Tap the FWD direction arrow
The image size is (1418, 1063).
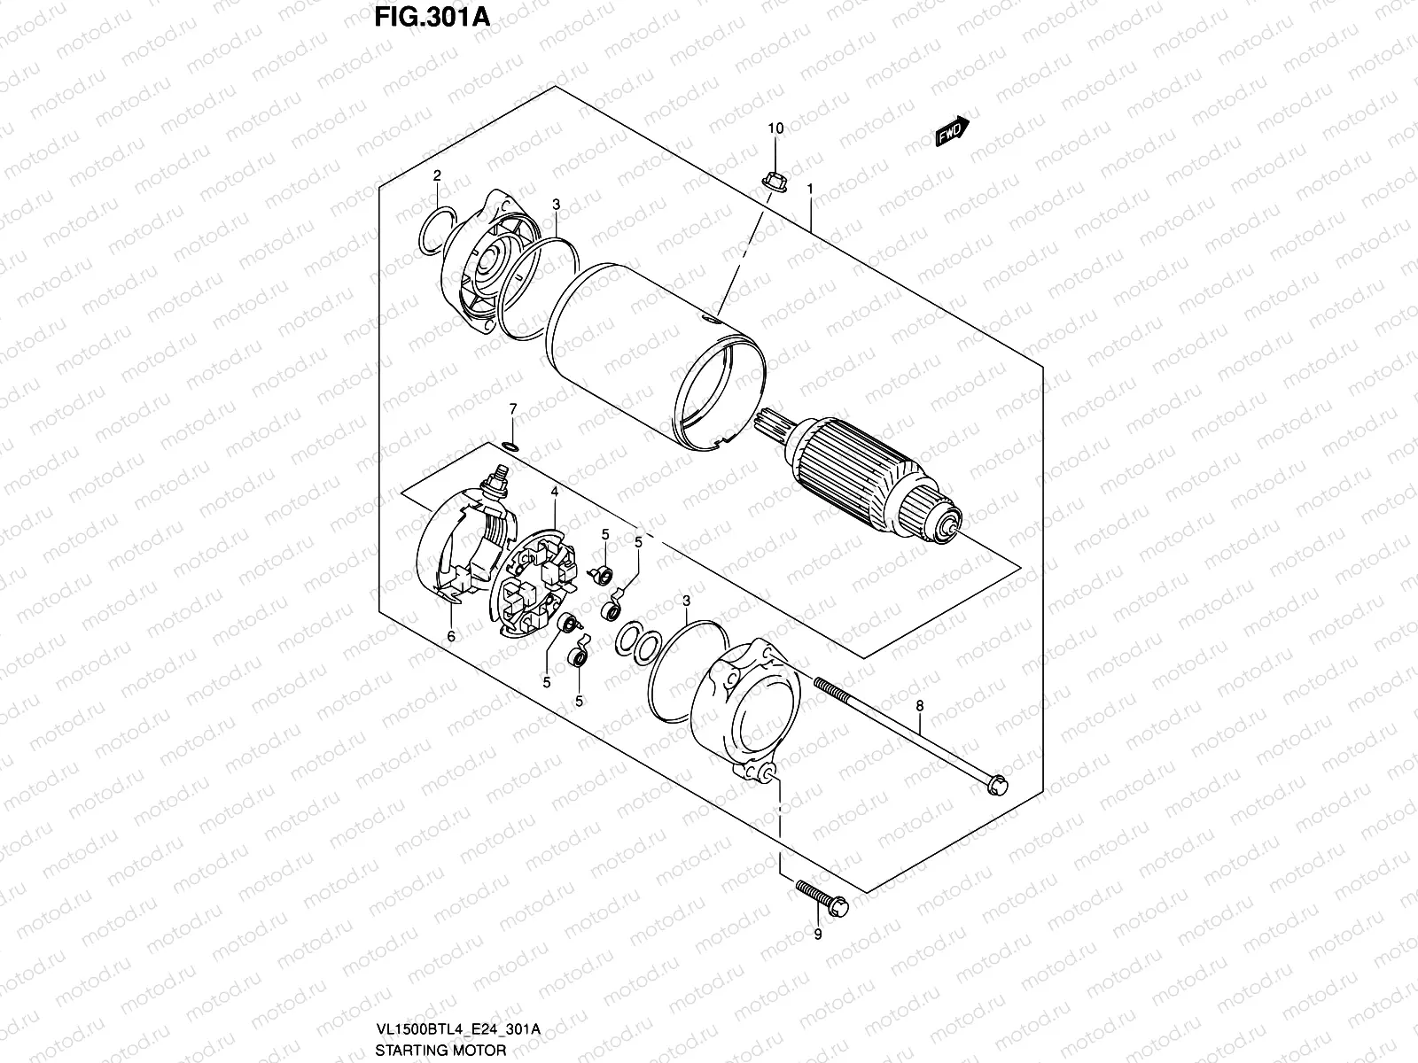point(952,130)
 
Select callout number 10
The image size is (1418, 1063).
point(775,128)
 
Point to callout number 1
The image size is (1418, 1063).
point(809,190)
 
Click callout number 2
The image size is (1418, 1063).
point(437,176)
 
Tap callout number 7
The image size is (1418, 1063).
point(512,407)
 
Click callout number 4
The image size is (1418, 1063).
point(554,491)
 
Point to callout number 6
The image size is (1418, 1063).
point(450,636)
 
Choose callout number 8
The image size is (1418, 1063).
point(919,706)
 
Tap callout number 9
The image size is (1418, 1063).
point(817,934)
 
